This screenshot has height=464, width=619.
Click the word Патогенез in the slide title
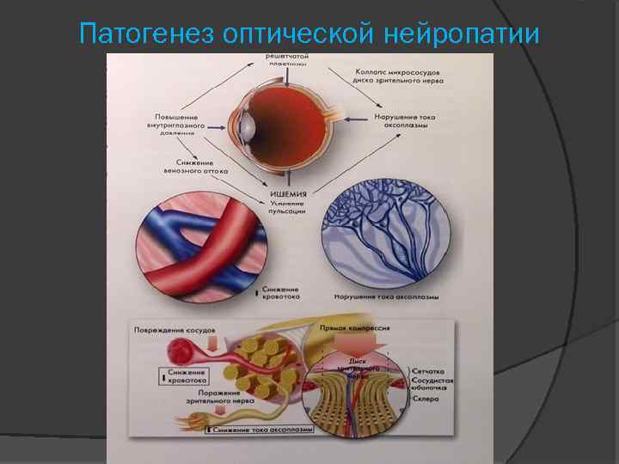145,34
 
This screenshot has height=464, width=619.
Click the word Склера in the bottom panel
429,400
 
